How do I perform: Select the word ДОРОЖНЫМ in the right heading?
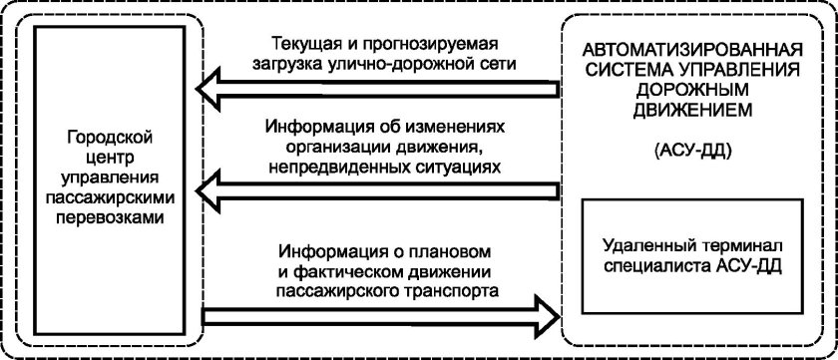[x=694, y=87]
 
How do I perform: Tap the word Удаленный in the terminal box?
[x=648, y=246]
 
